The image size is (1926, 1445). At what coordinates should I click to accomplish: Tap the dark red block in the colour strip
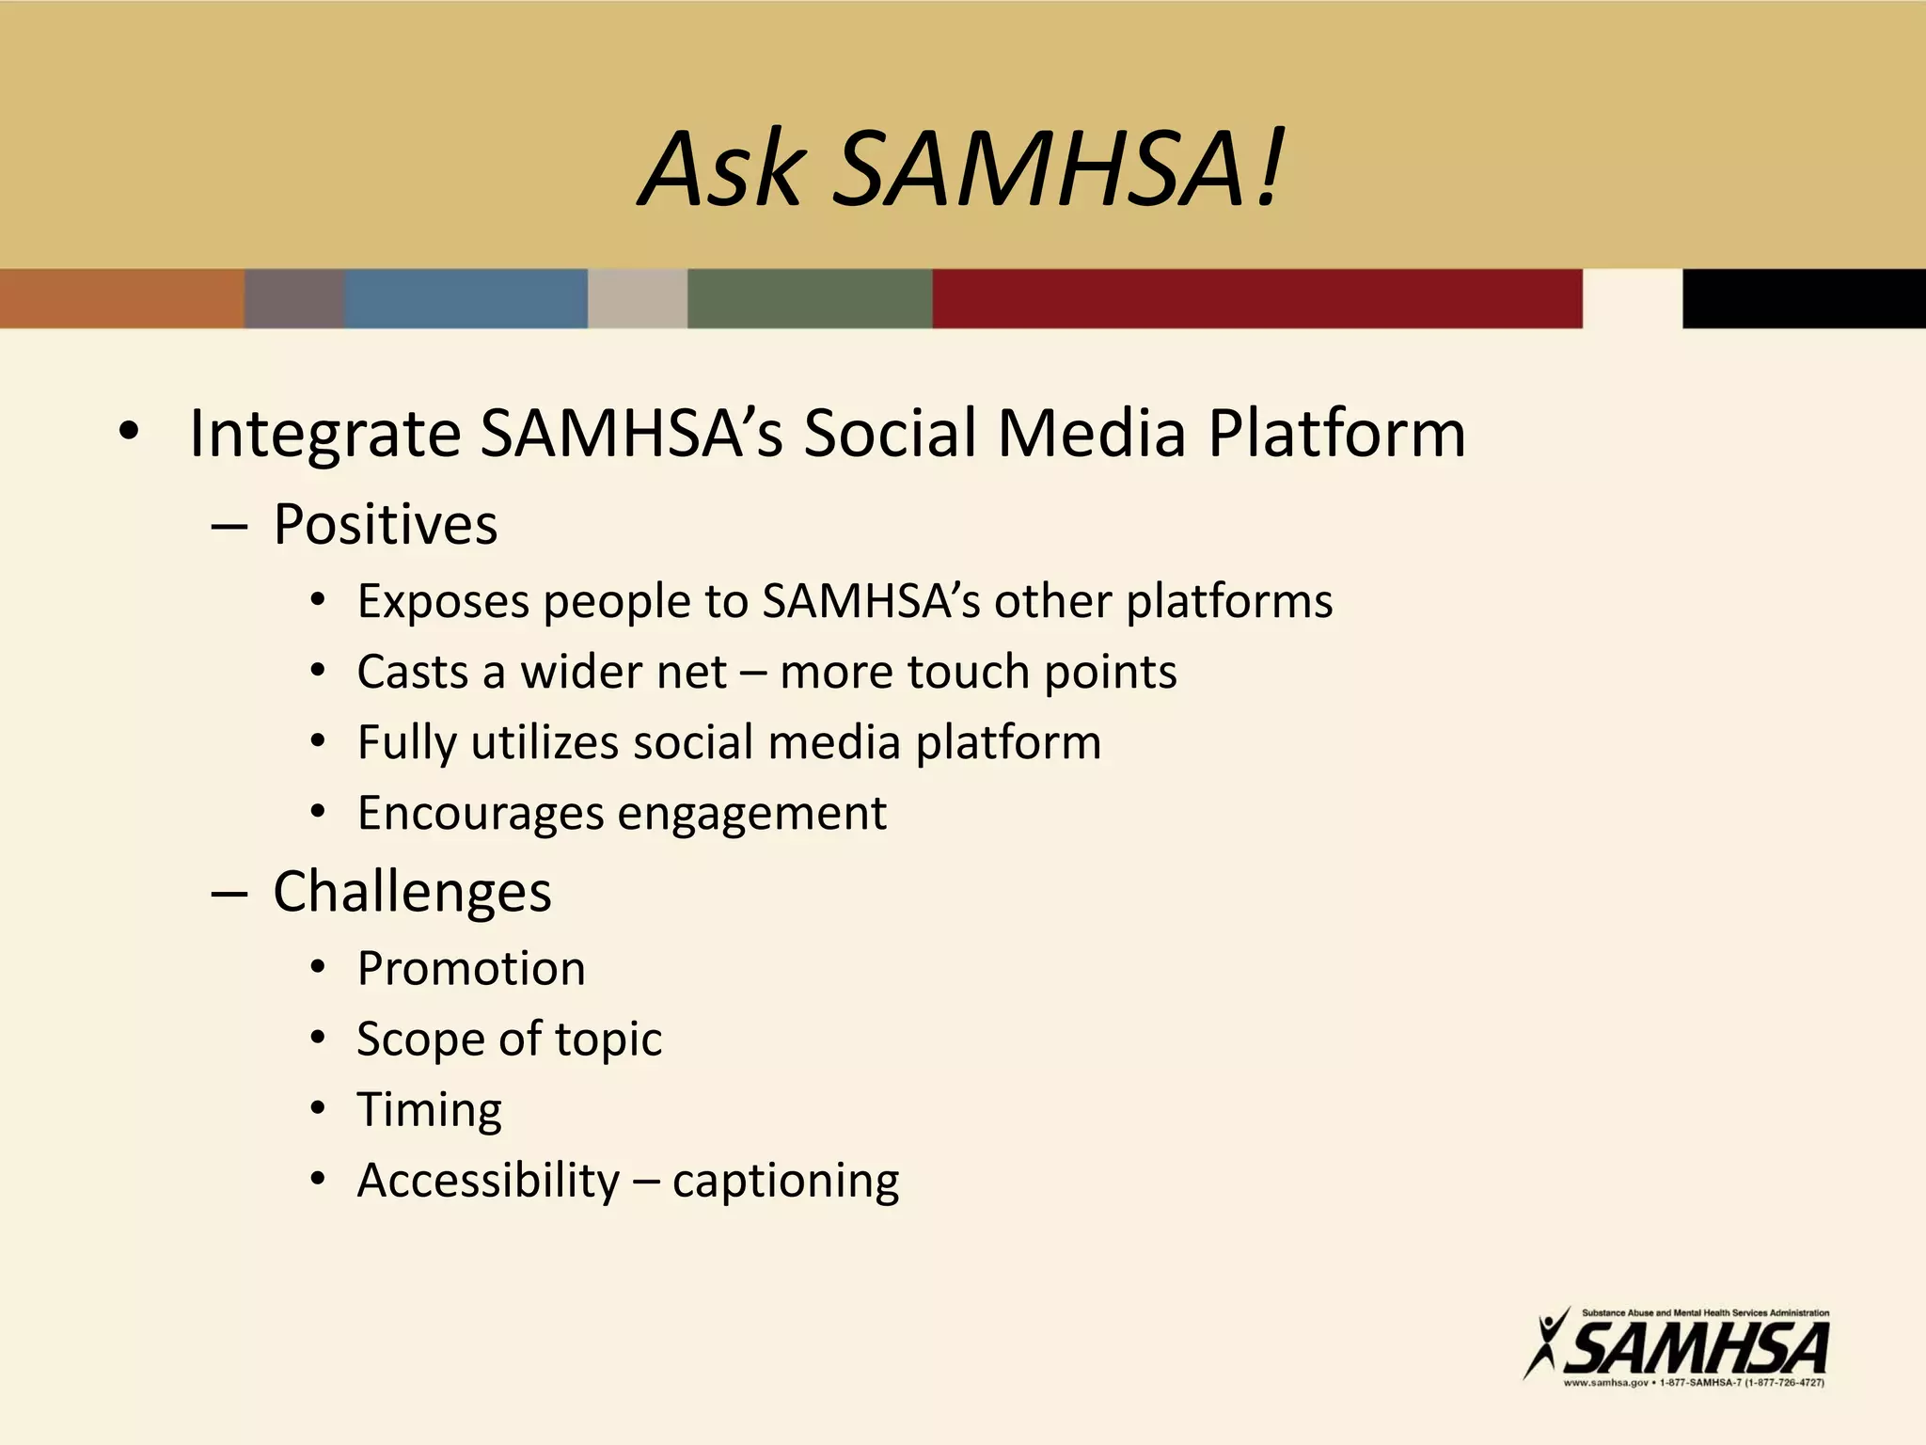(1256, 299)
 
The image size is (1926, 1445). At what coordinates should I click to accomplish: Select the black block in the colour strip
(1803, 299)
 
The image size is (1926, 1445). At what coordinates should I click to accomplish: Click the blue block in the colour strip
(466, 299)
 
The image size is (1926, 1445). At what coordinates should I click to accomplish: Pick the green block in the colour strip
(809, 299)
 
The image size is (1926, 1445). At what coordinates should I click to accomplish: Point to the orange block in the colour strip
(121, 299)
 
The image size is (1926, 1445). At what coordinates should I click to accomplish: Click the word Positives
(385, 525)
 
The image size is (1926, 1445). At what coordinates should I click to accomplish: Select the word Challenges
(412, 892)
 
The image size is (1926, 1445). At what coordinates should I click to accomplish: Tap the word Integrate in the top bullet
(324, 435)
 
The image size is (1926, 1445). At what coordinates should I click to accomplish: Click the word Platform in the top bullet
(1336, 435)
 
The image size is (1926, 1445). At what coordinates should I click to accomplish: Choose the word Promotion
(471, 969)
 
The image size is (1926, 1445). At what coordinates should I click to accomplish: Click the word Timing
(430, 1111)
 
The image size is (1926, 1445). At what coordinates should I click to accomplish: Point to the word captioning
(785, 1182)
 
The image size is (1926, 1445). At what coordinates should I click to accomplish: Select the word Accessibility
(488, 1181)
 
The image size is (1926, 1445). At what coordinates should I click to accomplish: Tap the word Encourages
(481, 814)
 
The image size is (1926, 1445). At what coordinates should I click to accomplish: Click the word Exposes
(443, 602)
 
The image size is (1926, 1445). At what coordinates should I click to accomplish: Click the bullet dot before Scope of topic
(318, 1039)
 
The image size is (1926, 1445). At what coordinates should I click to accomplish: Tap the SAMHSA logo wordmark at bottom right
(1697, 1348)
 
